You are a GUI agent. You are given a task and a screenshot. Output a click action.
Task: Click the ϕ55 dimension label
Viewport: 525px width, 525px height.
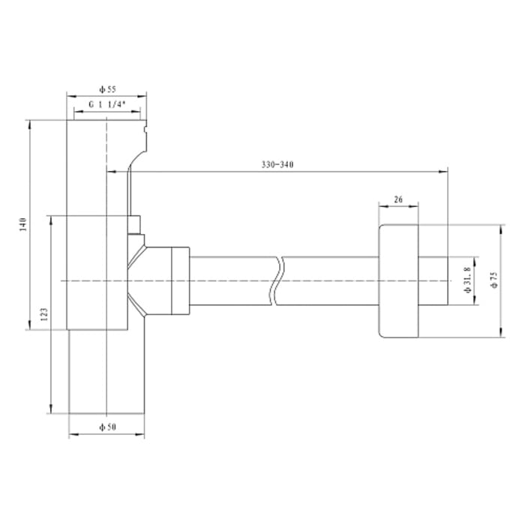[106, 88]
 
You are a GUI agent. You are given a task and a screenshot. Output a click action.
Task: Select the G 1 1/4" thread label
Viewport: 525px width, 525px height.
[106, 106]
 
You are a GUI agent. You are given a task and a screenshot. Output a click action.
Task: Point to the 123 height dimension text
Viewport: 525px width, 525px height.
[43, 313]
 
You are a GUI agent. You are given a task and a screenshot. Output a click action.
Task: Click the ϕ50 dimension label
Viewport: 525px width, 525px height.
[106, 427]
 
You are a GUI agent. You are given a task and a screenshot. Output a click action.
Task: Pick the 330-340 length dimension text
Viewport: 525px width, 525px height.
[277, 165]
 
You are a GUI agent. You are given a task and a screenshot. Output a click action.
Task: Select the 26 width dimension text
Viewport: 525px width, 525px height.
[398, 199]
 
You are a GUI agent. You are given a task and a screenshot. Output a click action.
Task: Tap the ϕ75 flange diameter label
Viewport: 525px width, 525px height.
[493, 280]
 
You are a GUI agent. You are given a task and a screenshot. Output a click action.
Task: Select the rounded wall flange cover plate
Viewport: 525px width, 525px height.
[398, 280]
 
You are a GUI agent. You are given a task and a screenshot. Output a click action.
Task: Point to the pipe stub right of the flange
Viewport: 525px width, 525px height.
[433, 280]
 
